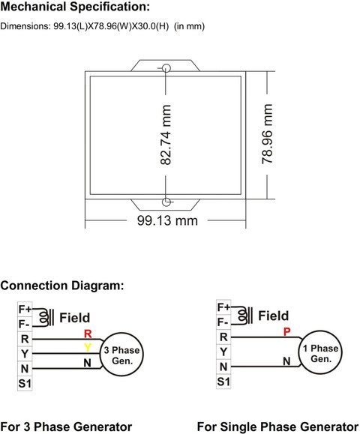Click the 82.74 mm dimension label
(166, 135)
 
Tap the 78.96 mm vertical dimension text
(267, 134)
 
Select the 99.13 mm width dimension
(167, 221)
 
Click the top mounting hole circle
(166, 68)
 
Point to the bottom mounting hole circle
(166, 202)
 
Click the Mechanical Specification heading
(75, 7)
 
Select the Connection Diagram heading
(62, 286)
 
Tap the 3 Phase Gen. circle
(121, 354)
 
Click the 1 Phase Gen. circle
(320, 352)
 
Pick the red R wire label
(88, 334)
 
